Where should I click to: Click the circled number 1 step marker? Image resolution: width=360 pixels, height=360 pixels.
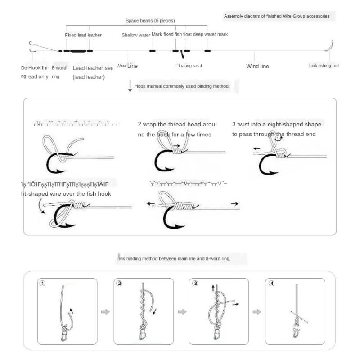point(43,283)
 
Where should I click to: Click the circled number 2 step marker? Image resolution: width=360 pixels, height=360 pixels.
point(119,283)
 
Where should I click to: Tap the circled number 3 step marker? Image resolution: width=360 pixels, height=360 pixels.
point(195,283)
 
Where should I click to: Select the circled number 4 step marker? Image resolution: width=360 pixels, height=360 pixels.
point(271,283)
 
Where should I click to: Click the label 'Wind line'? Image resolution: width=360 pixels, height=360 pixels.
point(257,66)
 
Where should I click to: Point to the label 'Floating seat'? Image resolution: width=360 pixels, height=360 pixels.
point(189,66)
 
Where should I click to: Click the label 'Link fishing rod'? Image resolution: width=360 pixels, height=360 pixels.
point(324,66)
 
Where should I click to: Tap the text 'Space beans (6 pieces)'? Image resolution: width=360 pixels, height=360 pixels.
point(150,21)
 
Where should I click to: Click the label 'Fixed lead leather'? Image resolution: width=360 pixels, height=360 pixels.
point(83,35)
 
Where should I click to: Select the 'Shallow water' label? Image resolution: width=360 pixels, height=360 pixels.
point(135,35)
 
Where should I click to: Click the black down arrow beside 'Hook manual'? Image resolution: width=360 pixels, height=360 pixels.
point(130,86)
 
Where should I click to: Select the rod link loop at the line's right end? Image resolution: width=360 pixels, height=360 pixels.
point(330,45)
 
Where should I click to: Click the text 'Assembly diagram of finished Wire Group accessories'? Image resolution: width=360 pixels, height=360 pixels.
point(276,16)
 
